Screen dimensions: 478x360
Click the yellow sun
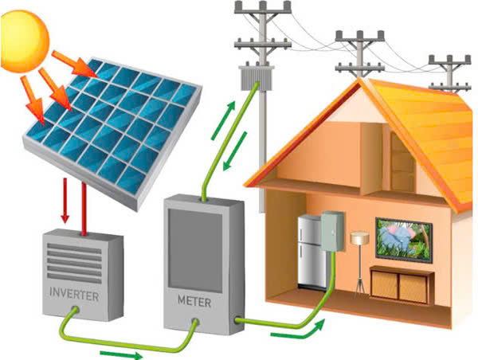24,41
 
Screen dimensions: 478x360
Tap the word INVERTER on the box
74,294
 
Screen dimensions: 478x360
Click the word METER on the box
194,302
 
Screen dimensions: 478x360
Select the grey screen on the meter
195,251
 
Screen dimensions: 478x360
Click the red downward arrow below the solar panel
65,201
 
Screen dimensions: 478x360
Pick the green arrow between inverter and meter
121,354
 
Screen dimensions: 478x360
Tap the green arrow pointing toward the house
297,331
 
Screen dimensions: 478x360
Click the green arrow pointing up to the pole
223,120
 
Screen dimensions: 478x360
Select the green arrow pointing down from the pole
235,151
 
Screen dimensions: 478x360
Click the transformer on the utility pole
257,77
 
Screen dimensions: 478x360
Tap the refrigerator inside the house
310,252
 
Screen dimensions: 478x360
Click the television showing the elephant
404,240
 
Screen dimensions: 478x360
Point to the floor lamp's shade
360,238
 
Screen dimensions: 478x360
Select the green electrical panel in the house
332,231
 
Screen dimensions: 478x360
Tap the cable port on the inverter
74,311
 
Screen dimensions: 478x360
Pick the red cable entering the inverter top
84,209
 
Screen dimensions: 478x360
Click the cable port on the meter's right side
237,320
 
